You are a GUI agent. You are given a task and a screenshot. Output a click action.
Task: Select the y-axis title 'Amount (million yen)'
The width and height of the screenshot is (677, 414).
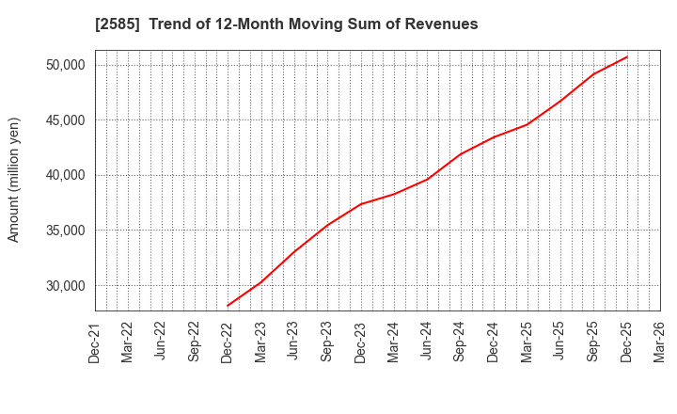pos(14,180)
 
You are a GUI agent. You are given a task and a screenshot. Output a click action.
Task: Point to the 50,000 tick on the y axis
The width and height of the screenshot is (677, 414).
pos(64,65)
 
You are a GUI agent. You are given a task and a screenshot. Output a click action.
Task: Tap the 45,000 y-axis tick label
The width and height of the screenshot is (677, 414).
pos(64,120)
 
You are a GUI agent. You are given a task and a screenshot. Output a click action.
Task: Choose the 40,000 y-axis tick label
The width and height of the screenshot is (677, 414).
pos(64,175)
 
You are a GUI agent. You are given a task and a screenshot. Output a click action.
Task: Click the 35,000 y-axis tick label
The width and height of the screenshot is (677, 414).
pos(64,231)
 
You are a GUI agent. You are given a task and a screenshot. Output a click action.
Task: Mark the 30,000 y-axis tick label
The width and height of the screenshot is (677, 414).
pos(64,286)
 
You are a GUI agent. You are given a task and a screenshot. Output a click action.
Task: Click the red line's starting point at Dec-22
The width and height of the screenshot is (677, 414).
pos(228,306)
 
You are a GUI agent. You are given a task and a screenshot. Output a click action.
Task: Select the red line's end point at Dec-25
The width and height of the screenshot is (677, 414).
pos(627,56)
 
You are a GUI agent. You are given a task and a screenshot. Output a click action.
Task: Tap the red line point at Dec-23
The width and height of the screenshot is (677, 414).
pos(361,204)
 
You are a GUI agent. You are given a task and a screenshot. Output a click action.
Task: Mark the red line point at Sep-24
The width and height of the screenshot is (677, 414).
pos(461,154)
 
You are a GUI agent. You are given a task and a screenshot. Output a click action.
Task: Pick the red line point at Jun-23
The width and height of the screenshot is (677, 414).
pos(294,251)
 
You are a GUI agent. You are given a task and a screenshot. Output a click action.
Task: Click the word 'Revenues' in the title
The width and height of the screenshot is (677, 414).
pos(444,24)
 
